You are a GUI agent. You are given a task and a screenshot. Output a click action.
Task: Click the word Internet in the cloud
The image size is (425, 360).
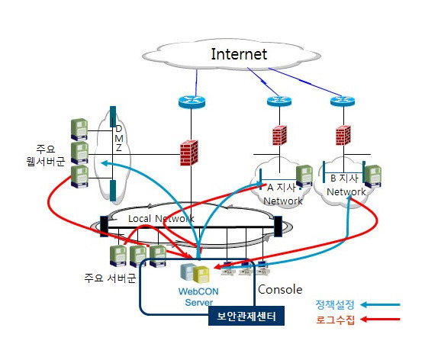[239, 54]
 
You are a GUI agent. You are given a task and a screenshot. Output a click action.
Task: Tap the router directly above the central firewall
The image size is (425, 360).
[192, 101]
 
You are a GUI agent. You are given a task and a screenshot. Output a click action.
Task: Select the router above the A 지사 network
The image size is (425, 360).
[279, 101]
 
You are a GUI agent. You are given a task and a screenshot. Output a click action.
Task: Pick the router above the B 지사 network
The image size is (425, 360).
[343, 101]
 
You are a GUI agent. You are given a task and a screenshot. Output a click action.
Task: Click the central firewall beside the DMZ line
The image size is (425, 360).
[189, 153]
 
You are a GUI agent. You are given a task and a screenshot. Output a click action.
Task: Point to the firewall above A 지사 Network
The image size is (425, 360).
[279, 136]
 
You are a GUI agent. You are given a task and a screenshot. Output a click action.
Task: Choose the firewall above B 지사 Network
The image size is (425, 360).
[343, 136]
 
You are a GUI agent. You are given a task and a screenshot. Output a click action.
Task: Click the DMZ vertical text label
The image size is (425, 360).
[119, 138]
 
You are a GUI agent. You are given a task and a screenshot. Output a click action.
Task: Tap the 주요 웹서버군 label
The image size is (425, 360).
[46, 155]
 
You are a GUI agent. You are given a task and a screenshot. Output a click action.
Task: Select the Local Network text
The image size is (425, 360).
[161, 218]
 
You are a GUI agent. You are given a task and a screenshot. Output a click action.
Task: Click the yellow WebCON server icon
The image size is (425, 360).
[201, 275]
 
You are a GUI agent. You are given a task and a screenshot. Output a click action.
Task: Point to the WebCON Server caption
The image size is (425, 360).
[198, 297]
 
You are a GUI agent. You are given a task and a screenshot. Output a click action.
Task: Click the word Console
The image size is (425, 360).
[280, 290]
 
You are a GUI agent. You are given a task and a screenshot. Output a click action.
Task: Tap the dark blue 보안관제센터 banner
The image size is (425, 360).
[246, 316]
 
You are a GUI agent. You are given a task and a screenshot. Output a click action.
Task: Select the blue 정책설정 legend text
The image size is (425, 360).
[335, 305]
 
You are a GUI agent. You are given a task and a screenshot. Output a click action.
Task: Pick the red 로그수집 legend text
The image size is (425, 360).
[335, 320]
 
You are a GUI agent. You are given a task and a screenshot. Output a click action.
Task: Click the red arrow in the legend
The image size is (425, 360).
[380, 319]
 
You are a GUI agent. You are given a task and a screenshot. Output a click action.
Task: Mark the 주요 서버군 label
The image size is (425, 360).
[110, 278]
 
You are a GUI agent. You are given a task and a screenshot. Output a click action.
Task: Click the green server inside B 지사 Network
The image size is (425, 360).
[372, 176]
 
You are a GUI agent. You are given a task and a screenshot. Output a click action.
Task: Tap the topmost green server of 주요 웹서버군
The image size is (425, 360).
[79, 130]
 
